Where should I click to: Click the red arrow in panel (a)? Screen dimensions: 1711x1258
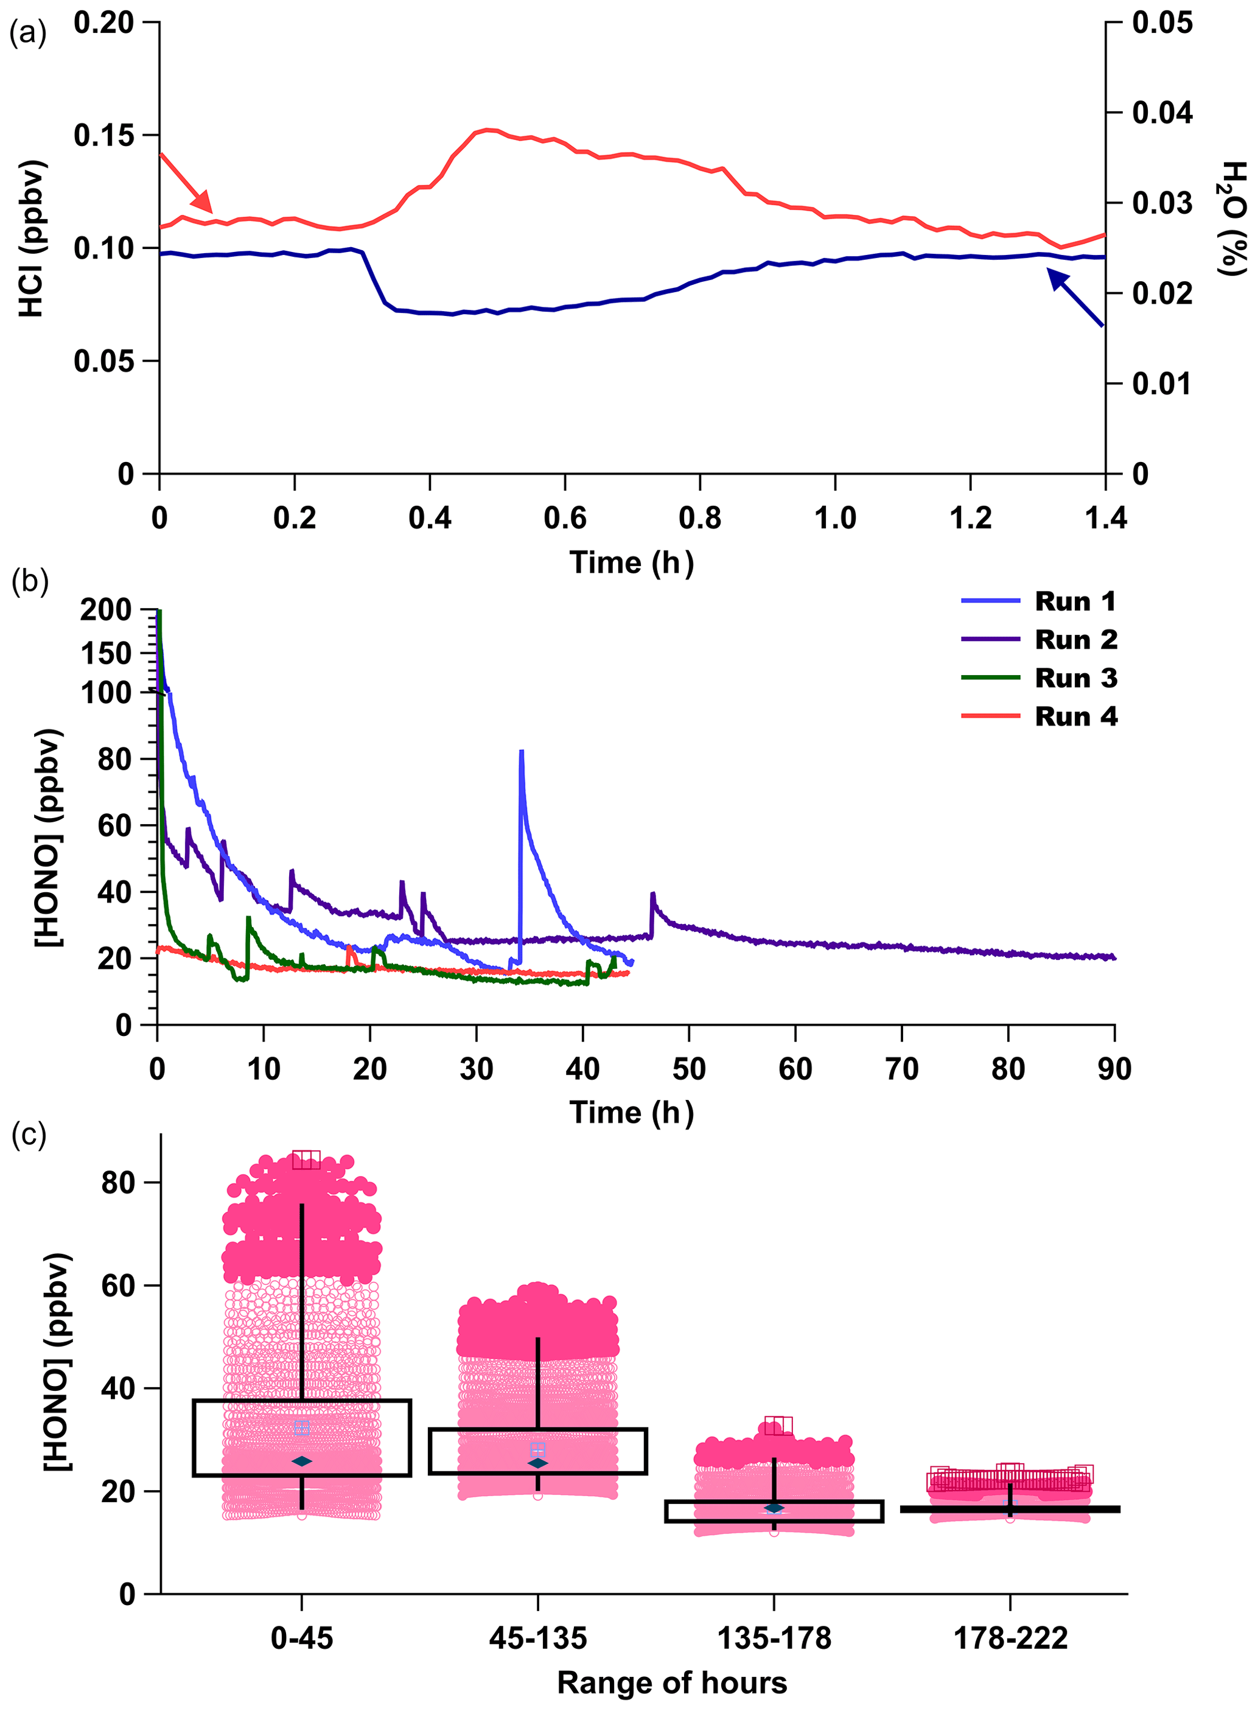tap(187, 183)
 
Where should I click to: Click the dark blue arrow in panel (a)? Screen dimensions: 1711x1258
tap(1075, 298)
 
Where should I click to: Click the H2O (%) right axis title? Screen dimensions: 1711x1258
tap(1232, 219)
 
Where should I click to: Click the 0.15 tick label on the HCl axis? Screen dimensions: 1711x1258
tap(103, 136)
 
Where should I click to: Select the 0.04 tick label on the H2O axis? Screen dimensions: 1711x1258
tap(1162, 113)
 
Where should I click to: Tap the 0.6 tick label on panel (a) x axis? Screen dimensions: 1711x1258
tap(565, 519)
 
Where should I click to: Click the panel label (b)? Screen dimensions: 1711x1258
tap(30, 581)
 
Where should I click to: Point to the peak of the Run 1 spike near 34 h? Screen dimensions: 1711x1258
tap(521, 752)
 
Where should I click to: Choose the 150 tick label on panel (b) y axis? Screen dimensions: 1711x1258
tap(105, 653)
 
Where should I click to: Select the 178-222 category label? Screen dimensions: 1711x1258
tap(1010, 1638)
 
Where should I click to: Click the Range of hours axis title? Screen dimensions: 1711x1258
tap(672, 1682)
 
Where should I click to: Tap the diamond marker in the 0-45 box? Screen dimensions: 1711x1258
tap(302, 1461)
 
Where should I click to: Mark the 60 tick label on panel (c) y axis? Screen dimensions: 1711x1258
tap(119, 1286)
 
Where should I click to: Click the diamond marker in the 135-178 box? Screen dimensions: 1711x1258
tap(774, 1508)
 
